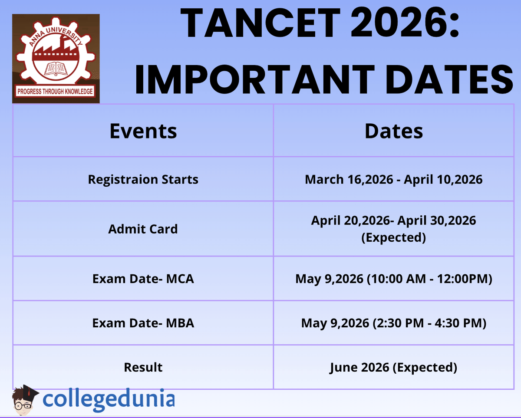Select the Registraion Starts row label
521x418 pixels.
tap(143, 179)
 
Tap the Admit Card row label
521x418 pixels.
tap(143, 229)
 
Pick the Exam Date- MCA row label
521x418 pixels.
tap(143, 278)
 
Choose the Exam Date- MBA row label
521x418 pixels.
tap(143, 323)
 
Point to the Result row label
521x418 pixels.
tap(143, 367)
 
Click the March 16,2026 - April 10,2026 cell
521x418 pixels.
tap(393, 179)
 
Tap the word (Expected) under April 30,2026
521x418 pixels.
tap(393, 237)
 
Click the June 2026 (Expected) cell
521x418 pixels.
tap(393, 367)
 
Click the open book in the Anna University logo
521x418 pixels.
tap(56, 68)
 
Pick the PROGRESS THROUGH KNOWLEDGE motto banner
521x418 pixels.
tap(55, 92)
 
